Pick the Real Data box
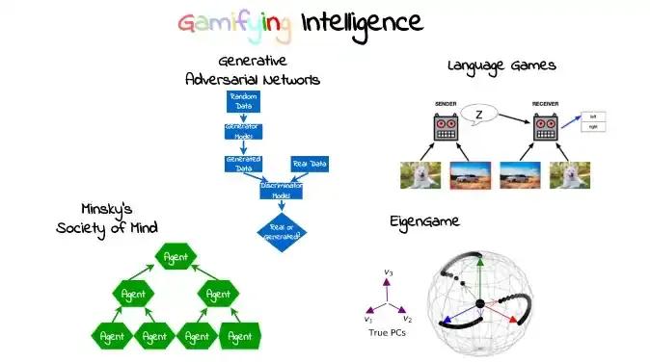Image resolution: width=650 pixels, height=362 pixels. point(309,164)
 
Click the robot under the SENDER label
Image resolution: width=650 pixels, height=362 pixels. point(445,129)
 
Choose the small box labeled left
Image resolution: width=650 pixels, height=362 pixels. point(597,117)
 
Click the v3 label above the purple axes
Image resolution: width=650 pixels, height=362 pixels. point(388,272)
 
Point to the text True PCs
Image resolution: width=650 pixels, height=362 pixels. point(388,333)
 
